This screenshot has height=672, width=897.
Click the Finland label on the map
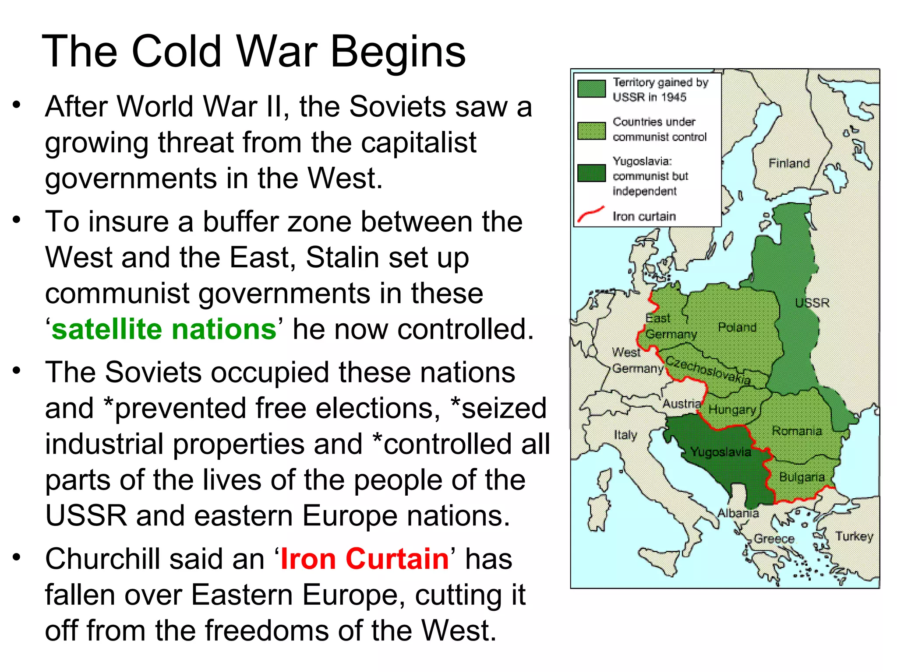click(x=789, y=163)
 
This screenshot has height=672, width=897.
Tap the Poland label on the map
click(x=737, y=327)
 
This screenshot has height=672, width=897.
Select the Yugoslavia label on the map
click(x=720, y=451)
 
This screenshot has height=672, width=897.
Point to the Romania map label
click(x=796, y=431)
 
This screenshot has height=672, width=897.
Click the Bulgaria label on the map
click(x=802, y=477)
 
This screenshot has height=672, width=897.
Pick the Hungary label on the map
click(x=732, y=410)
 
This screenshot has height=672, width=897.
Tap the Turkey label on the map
click(x=854, y=536)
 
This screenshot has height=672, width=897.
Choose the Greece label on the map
click(x=774, y=539)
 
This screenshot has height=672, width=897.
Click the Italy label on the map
click(x=625, y=435)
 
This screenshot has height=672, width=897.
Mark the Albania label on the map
click(x=738, y=513)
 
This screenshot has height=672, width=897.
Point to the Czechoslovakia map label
click(x=708, y=370)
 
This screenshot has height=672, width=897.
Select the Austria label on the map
click(x=682, y=403)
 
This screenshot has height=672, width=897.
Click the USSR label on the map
click(x=812, y=303)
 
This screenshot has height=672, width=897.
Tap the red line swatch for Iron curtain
click(x=591, y=214)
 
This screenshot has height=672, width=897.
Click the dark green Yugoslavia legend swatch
click(x=591, y=173)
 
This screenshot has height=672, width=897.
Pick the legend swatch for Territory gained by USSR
click(x=591, y=88)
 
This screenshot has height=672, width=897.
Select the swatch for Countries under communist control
click(x=591, y=130)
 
